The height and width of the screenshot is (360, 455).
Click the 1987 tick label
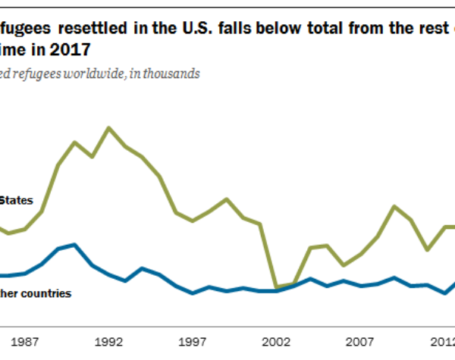26,342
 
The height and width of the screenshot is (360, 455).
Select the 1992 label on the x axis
109,342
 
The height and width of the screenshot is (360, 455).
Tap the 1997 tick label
193,342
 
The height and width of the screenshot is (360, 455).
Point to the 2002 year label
277,342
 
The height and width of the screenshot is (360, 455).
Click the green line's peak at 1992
109,127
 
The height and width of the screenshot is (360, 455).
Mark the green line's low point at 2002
277,287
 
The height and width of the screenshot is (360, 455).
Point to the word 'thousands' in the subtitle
175,74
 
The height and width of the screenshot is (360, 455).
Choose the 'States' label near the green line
15,201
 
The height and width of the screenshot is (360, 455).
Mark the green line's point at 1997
193,221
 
